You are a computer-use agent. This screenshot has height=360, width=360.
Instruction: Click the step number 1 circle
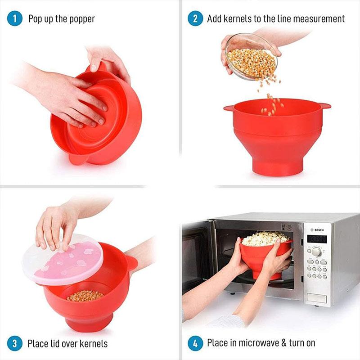pos(15,19)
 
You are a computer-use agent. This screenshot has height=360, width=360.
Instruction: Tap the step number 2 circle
pos(195,19)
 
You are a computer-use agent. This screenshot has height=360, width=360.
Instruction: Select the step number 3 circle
pos(15,344)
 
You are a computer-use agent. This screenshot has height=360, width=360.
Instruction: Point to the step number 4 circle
pos(195,343)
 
